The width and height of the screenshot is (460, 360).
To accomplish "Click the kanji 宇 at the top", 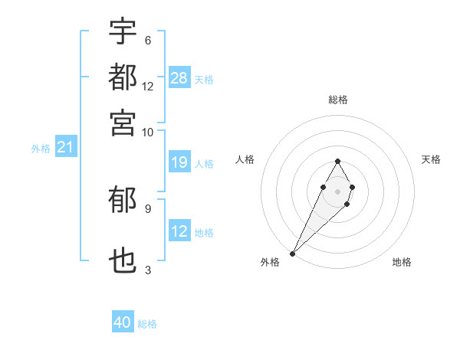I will pyautogui.click(x=123, y=32).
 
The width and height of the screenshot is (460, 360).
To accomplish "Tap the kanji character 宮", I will pyautogui.click(x=123, y=122).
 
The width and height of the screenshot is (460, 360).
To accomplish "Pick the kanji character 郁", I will pyautogui.click(x=123, y=201).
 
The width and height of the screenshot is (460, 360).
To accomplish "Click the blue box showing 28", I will pyautogui.click(x=179, y=78).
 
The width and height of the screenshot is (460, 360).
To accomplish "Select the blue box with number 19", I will pyautogui.click(x=179, y=162).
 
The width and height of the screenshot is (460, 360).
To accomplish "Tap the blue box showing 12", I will pyautogui.click(x=179, y=231).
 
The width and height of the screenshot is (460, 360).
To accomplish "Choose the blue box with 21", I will pyautogui.click(x=65, y=148).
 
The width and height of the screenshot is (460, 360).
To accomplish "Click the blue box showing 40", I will pyautogui.click(x=123, y=322).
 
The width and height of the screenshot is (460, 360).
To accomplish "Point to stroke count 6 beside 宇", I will pyautogui.click(x=147, y=40).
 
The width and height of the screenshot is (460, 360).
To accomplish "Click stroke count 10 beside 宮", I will pyautogui.click(x=148, y=132).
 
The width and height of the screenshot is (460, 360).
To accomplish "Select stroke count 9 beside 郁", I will pyautogui.click(x=147, y=208).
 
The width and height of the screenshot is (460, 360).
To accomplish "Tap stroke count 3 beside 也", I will pyautogui.click(x=147, y=270).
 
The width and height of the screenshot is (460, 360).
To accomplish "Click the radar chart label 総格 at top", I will pyautogui.click(x=338, y=100).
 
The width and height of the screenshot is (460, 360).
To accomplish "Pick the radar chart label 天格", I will pyautogui.click(x=431, y=159).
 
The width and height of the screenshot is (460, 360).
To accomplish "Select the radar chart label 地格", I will pyautogui.click(x=402, y=262).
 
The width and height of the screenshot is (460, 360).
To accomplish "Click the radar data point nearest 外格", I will pyautogui.click(x=293, y=253).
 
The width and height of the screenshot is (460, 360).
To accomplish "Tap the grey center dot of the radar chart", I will pyautogui.click(x=337, y=190).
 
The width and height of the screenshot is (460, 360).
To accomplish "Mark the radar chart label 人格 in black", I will pyautogui.click(x=245, y=159).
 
